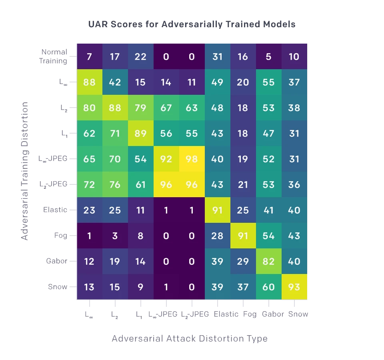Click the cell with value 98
192,159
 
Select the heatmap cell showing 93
294,287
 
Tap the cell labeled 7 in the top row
89,56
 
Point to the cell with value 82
268,261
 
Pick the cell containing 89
140,133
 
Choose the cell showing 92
166,159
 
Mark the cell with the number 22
140,56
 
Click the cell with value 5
268,56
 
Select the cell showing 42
115,82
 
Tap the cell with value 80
89,108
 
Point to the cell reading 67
166,108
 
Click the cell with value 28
217,236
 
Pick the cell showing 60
268,287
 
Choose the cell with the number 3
115,236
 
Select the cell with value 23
89,210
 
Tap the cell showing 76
115,184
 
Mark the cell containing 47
268,133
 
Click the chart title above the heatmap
192,24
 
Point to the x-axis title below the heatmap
188,339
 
